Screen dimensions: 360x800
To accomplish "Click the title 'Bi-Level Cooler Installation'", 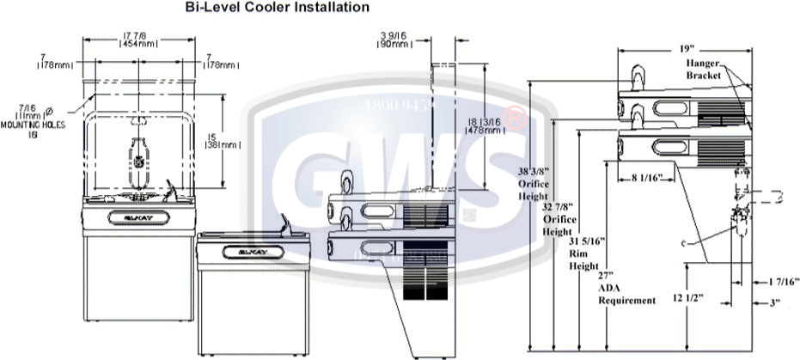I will pos(278,8).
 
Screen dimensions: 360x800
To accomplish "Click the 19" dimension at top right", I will pos(684,48).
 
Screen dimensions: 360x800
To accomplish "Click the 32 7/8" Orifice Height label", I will pos(559,219).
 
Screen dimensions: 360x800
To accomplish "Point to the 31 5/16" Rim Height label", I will pos(584,253).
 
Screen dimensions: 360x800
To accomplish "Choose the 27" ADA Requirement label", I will pos(626,290).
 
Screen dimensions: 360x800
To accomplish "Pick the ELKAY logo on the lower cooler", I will pos(248,253).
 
